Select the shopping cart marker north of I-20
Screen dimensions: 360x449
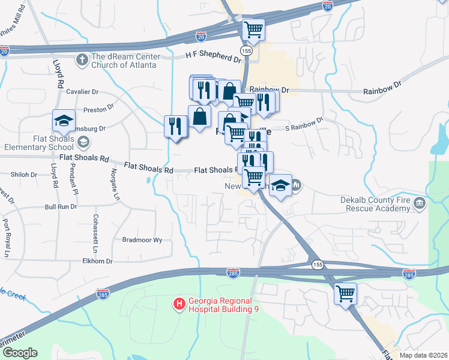coord(254,29)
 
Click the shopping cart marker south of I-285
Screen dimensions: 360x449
coord(345,293)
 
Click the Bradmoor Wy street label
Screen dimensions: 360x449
coord(142,239)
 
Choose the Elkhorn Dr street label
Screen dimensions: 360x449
coord(98,261)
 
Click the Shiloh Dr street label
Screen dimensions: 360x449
coord(24,175)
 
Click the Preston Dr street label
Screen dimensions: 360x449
coord(98,109)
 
